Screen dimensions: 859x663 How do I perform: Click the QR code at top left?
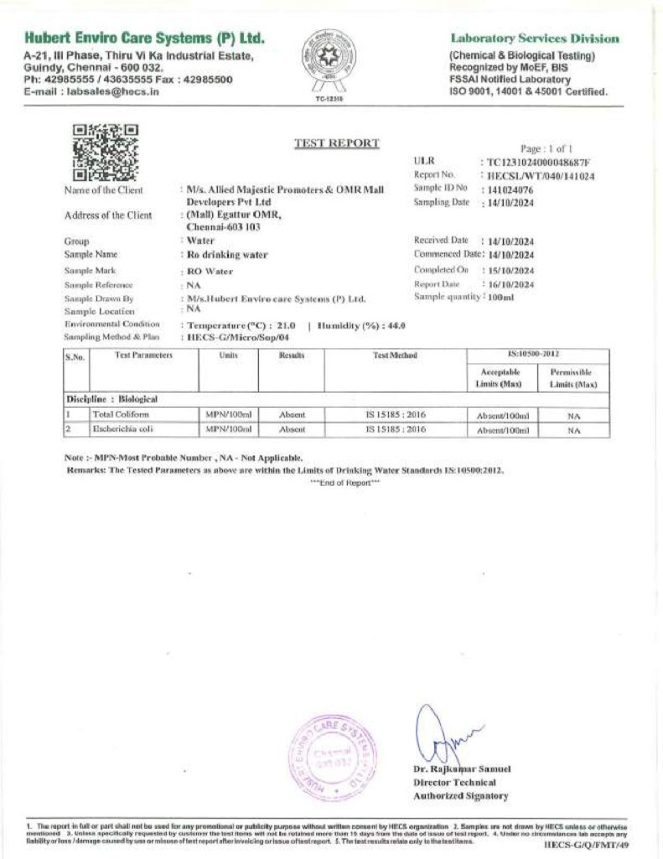[x=106, y=153]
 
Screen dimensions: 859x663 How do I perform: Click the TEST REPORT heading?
[x=336, y=143]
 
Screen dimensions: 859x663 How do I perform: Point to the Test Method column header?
[x=394, y=356]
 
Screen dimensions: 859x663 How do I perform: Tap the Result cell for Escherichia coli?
[x=292, y=429]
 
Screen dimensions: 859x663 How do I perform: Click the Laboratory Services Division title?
[x=535, y=39]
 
